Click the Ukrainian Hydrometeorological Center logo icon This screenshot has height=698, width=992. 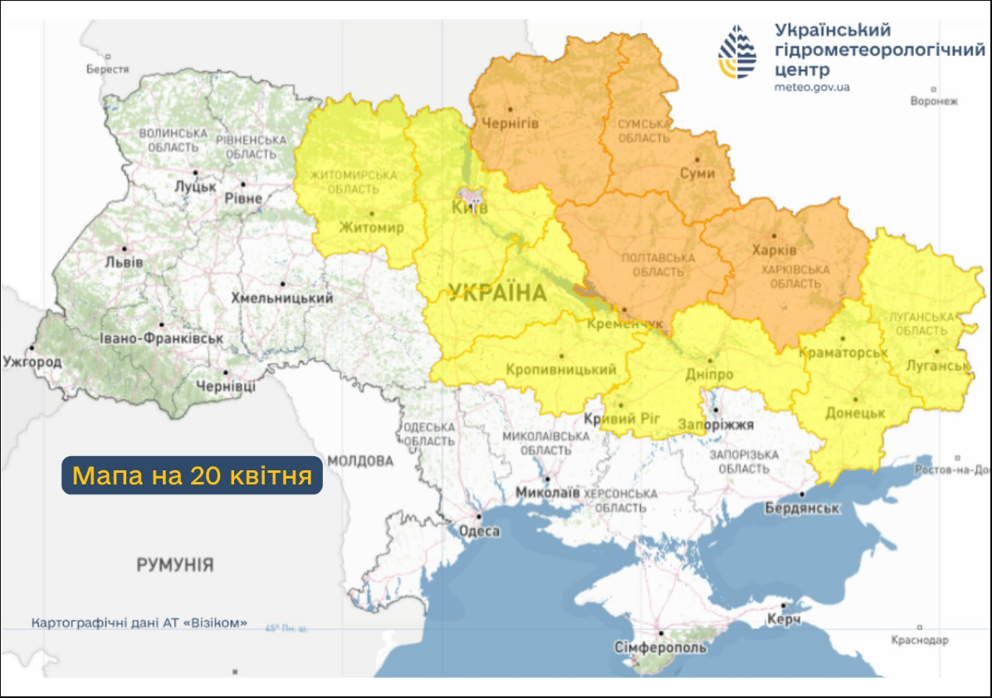pyautogui.click(x=737, y=52)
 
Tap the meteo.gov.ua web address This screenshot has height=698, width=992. pyautogui.click(x=812, y=87)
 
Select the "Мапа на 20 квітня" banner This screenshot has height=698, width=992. pyautogui.click(x=192, y=476)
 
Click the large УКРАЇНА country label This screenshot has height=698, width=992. pyautogui.click(x=497, y=292)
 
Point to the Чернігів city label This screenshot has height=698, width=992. pyautogui.click(x=511, y=123)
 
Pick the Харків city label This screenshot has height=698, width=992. pyautogui.click(x=774, y=249)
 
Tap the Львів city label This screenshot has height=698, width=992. pyautogui.click(x=125, y=262)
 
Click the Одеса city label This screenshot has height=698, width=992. pyautogui.click(x=480, y=532)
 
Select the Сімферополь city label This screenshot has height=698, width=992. pyautogui.click(x=661, y=647)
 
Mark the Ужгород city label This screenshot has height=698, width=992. pyautogui.click(x=32, y=362)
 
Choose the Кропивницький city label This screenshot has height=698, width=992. pyautogui.click(x=560, y=370)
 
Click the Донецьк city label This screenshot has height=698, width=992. pyautogui.click(x=855, y=413)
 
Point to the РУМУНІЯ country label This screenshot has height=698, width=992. pyautogui.click(x=174, y=565)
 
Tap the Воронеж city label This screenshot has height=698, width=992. pyautogui.click(x=934, y=101)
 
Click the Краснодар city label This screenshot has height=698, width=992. pyautogui.click(x=919, y=640)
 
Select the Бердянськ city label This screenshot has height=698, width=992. pyautogui.click(x=802, y=508)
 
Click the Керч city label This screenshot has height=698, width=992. pyautogui.click(x=784, y=621)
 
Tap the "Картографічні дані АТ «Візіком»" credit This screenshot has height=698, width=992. pyautogui.click(x=139, y=622)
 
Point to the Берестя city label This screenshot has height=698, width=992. pyautogui.click(x=108, y=70)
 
